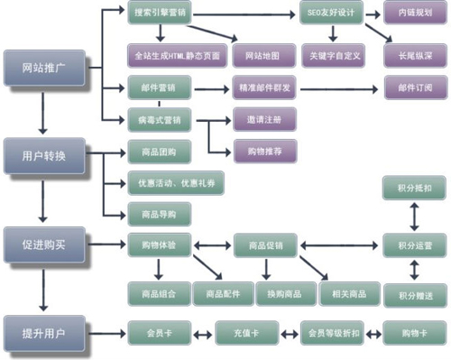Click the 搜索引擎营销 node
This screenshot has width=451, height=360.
(160, 15)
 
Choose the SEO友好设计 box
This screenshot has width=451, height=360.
(333, 15)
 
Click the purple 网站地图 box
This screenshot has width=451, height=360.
(262, 55)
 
